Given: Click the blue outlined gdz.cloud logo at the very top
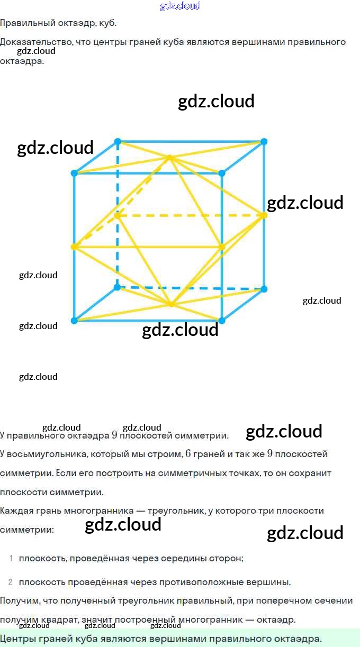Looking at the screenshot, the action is [180, 6].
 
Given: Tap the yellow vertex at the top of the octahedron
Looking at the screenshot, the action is [169, 157].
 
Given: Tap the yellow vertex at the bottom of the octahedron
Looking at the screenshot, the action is [170, 304].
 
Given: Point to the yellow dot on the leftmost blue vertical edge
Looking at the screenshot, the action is [74, 247].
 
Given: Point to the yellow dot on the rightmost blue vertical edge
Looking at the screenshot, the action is [264, 215].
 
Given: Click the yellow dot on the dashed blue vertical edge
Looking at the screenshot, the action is [118, 215].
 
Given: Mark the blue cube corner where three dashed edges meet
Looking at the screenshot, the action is [118, 288].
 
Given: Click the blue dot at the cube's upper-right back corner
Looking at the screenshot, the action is [264, 141].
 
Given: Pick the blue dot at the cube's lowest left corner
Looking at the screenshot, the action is [74, 321].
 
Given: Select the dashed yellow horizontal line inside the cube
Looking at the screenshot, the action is [191, 215].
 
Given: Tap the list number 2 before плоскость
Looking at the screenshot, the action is [11, 582].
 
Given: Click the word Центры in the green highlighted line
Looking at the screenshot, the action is [17, 639].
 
